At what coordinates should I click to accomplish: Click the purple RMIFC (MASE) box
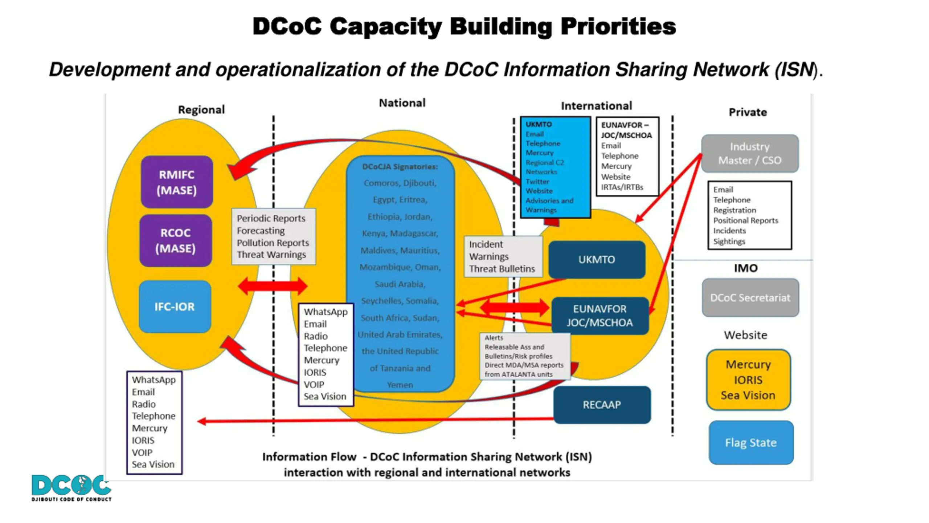pyautogui.click(x=177, y=182)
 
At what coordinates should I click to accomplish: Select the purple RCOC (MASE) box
pyautogui.click(x=176, y=240)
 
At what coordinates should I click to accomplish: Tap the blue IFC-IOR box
pyautogui.click(x=175, y=307)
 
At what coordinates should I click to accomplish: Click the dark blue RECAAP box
pyautogui.click(x=602, y=405)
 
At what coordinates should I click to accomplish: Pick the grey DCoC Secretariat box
pyautogui.click(x=750, y=298)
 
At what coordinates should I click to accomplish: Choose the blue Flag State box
pyautogui.click(x=751, y=443)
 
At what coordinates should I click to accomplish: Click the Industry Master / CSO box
pyautogui.click(x=750, y=153)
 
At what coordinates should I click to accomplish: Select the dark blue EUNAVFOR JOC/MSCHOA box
pyautogui.click(x=599, y=316)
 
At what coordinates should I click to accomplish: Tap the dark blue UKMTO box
pyautogui.click(x=597, y=260)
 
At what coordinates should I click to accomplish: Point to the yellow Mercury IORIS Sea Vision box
pyautogui.click(x=748, y=380)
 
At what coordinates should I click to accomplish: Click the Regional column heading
pyautogui.click(x=201, y=110)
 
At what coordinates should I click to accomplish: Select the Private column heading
pyautogui.click(x=748, y=112)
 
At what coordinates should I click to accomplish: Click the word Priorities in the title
pyautogui.click(x=618, y=27)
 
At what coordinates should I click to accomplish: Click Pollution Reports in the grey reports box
pyautogui.click(x=273, y=243)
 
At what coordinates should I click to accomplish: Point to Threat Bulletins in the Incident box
pyautogui.click(x=502, y=269)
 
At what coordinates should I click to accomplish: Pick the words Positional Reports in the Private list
pyautogui.click(x=745, y=220)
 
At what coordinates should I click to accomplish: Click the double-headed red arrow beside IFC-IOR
pyautogui.click(x=272, y=286)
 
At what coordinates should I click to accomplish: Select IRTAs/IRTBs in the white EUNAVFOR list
pyautogui.click(x=622, y=187)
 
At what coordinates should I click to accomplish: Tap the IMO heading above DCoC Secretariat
pyautogui.click(x=746, y=268)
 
